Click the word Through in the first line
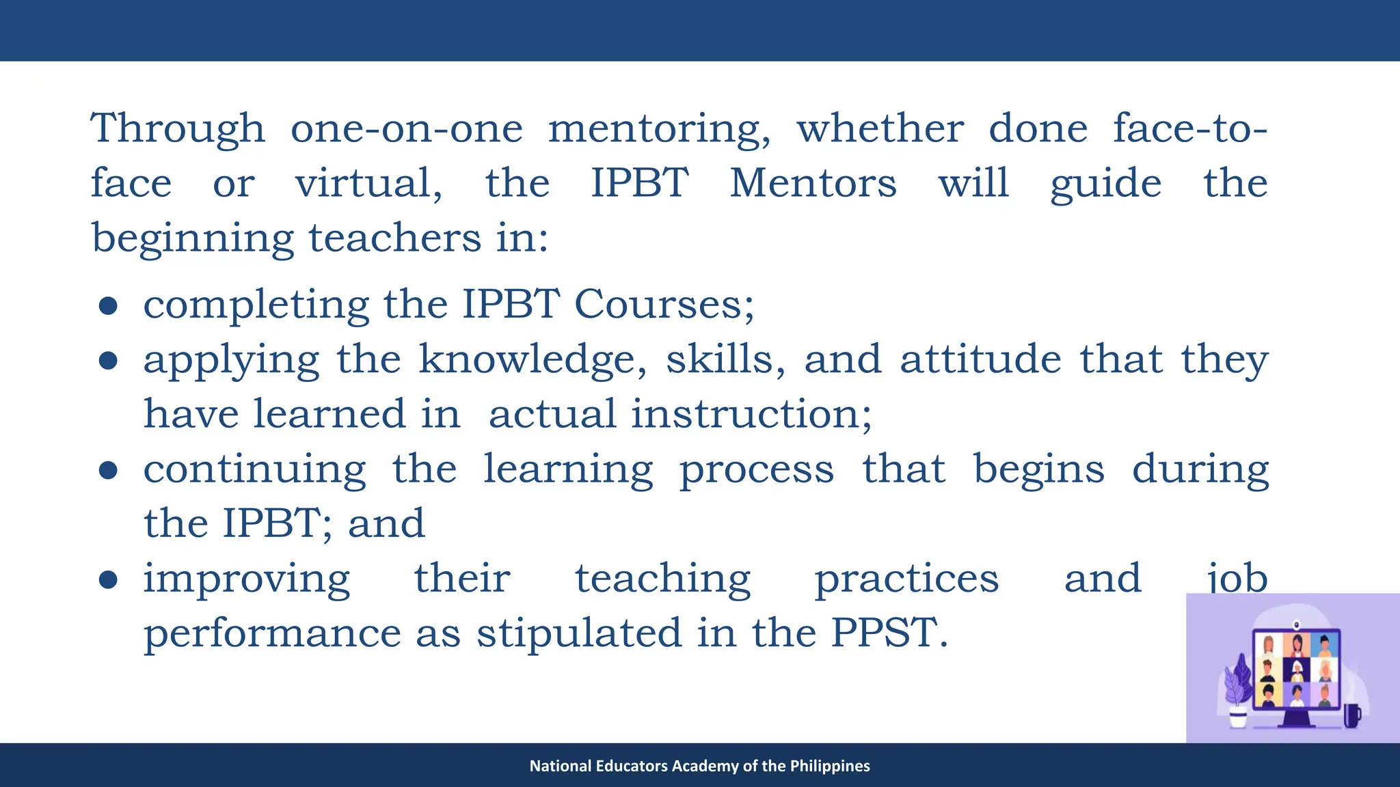point(178,128)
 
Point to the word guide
point(1105,184)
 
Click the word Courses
point(664,304)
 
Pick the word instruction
point(751,414)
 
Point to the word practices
point(906,579)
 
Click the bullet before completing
point(108,305)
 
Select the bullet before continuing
point(108,470)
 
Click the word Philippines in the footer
point(830,766)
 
